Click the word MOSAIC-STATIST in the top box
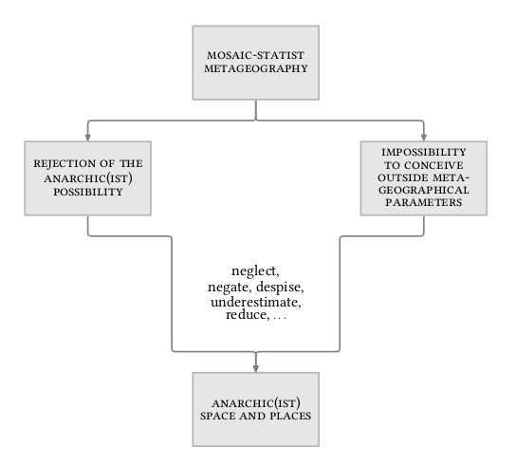point(255,55)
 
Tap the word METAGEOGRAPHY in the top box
point(256,68)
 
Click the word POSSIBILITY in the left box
point(88,192)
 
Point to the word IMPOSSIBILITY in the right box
point(424,152)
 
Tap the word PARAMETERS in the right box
point(424,202)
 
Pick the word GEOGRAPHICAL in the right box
point(424,190)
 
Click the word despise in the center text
point(280,288)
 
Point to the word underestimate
point(256,302)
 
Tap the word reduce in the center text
point(248,315)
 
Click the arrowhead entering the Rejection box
point(88,138)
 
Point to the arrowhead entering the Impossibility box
point(424,138)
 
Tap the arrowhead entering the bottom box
point(256,368)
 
